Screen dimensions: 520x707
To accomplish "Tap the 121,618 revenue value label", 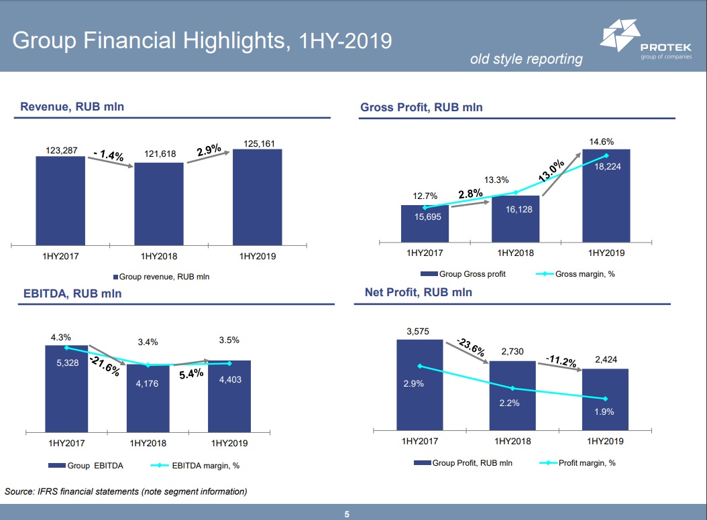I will pos(160,154).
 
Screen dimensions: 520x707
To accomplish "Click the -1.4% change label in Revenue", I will pos(108,155).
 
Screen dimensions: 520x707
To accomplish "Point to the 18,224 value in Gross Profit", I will pos(607,166).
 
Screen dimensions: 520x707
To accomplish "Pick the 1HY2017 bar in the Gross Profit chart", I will pos(425,224).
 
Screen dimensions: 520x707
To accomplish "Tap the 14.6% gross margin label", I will pos(602,141).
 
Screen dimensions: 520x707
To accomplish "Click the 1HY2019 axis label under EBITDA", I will pos(230,443).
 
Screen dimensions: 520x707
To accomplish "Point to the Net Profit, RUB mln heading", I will pos(418,292).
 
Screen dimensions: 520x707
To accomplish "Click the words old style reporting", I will pos(526,59).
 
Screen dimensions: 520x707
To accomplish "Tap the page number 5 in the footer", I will pos(347,514).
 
